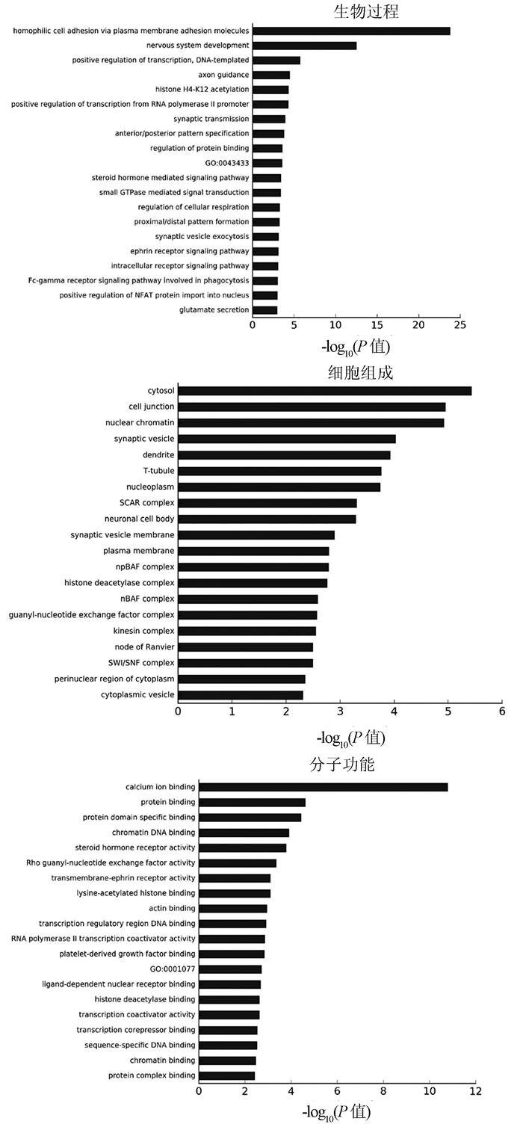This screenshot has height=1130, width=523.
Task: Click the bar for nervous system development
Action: point(304,46)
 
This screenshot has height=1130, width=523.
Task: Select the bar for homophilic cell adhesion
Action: point(351,31)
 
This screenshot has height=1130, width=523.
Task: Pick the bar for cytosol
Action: point(324,391)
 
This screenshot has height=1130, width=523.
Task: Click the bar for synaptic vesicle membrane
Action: point(256,535)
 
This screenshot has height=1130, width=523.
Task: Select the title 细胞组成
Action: point(361,372)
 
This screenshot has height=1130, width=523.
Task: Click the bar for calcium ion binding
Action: point(323,787)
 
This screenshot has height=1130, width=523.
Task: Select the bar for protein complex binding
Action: point(226,1075)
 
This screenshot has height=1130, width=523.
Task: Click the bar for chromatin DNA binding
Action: point(244,833)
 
